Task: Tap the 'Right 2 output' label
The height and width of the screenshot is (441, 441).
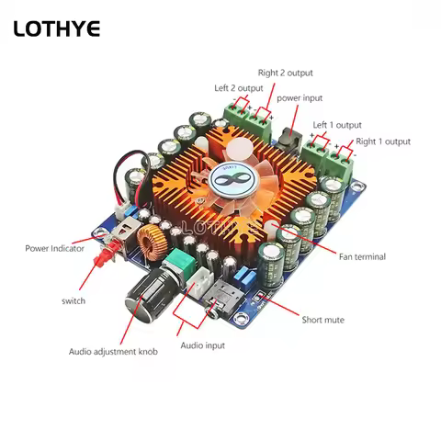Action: (x=285, y=73)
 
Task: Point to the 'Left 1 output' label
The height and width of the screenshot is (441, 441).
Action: (x=337, y=125)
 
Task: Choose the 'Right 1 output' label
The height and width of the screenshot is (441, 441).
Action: (x=383, y=141)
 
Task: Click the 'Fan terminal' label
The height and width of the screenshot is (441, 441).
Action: (x=362, y=256)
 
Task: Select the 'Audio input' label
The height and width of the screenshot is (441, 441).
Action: (x=203, y=345)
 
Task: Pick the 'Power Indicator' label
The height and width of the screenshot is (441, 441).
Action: (x=54, y=248)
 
